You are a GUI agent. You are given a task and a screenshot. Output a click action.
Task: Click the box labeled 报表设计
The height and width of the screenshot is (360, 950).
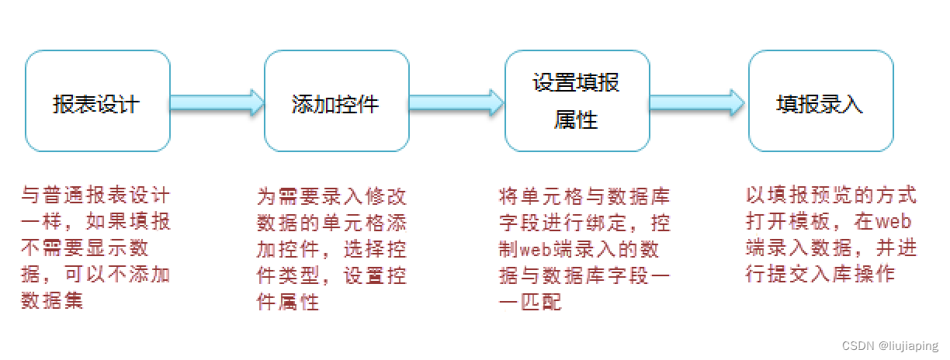(x=98, y=102)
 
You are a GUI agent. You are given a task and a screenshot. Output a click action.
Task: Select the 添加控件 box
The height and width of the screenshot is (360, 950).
(x=336, y=102)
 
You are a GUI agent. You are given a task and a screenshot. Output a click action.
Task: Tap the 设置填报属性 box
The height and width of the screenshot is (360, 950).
(x=577, y=102)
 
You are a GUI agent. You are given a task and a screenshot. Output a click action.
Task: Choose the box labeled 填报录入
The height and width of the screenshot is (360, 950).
(x=820, y=102)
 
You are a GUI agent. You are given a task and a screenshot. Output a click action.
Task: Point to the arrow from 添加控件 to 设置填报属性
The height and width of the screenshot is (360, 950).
(x=457, y=102)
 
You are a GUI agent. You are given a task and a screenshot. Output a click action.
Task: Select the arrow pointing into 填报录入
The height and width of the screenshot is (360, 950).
(x=698, y=102)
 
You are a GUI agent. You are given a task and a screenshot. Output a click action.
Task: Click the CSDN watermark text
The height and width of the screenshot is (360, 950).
(x=857, y=346)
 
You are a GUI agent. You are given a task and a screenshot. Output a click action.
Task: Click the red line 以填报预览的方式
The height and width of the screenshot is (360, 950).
(x=830, y=195)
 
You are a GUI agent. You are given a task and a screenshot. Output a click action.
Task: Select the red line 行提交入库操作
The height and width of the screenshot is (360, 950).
(x=820, y=274)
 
